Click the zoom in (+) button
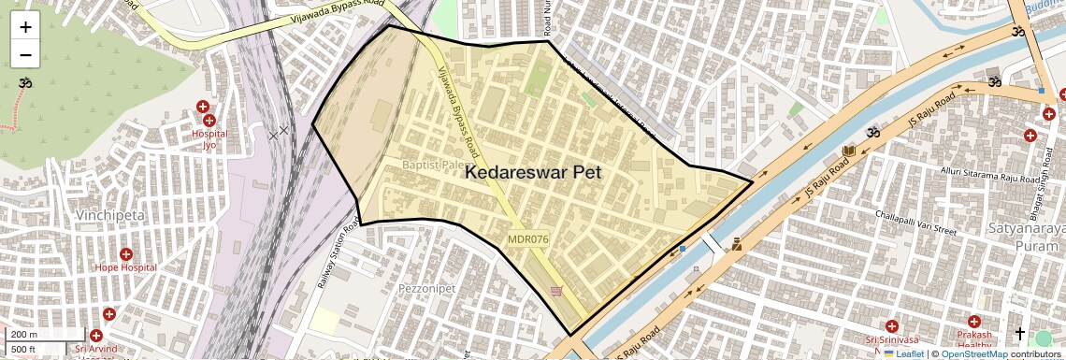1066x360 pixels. (25, 27)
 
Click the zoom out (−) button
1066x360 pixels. (25, 54)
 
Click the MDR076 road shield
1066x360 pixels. (528, 239)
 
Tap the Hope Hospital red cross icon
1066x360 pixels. (126, 254)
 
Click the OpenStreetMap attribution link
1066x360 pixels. (973, 353)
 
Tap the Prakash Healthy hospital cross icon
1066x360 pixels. (973, 321)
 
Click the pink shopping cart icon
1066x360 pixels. (557, 291)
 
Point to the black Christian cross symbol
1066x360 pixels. (1019, 333)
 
